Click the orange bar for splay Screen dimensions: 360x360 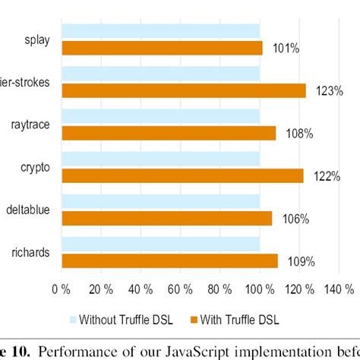click(x=162, y=48)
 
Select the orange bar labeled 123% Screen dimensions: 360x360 click(x=184, y=90)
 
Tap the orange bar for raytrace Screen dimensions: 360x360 click(x=169, y=133)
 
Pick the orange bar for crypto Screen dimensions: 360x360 click(x=182, y=175)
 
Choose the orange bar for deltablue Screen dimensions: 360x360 click(x=166, y=218)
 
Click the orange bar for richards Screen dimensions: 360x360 click(x=169, y=261)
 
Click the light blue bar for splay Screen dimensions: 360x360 click(x=160, y=30)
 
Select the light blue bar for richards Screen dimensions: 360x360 click(x=160, y=244)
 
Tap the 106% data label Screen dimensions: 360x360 click(x=294, y=219)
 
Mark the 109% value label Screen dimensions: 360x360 click(x=301, y=262)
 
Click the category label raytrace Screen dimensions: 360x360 click(x=30, y=125)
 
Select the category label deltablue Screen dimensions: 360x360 click(x=28, y=210)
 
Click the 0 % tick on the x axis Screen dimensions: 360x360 click(x=60, y=289)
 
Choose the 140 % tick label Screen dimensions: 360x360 click(x=339, y=289)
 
